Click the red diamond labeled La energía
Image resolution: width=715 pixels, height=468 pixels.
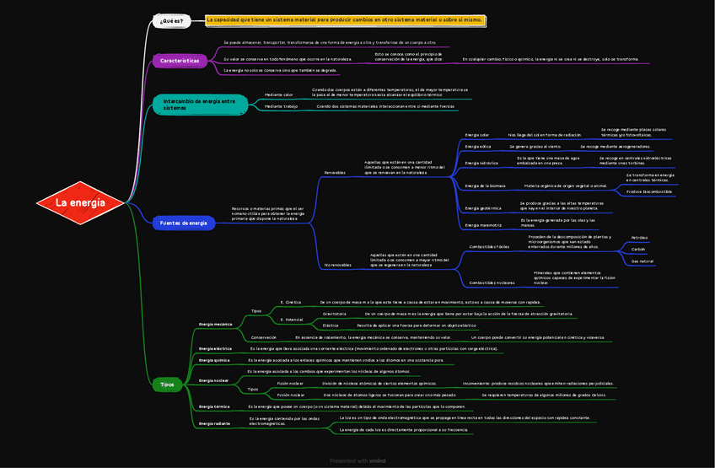(x=81, y=203)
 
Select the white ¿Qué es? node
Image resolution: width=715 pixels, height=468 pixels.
(x=171, y=20)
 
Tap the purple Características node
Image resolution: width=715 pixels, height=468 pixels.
(x=180, y=61)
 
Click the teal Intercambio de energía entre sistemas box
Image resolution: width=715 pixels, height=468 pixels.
(x=199, y=104)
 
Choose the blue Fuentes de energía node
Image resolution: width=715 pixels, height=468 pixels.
(x=184, y=223)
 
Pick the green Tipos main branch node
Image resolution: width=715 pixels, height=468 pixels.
(x=167, y=385)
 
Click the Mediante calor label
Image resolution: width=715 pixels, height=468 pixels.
(x=279, y=94)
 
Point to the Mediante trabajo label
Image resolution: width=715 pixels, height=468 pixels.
(x=282, y=106)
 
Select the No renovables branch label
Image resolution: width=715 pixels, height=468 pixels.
(x=338, y=265)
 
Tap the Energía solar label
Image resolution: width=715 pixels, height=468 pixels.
(x=477, y=135)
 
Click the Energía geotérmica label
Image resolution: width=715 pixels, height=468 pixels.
(x=483, y=207)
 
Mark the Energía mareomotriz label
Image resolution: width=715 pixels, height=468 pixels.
(x=483, y=225)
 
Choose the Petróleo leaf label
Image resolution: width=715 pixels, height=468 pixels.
(x=639, y=238)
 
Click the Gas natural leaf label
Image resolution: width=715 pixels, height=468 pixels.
(x=642, y=261)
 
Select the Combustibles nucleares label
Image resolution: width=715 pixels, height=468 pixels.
(x=492, y=282)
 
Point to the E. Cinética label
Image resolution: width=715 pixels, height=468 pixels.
(x=291, y=301)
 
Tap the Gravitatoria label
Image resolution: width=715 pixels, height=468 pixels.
(x=334, y=313)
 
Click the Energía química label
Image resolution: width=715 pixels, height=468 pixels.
(x=214, y=360)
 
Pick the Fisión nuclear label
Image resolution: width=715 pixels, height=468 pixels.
(x=291, y=383)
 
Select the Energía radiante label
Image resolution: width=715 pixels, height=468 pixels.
(x=215, y=423)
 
